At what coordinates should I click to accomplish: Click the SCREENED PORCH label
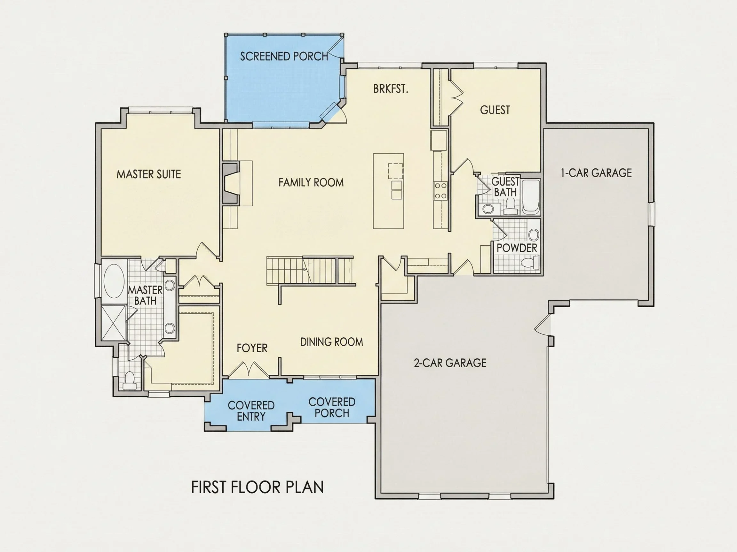coord(284,56)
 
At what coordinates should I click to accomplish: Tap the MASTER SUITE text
coord(149,174)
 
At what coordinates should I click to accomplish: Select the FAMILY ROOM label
coord(311,182)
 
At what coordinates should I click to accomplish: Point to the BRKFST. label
coord(391,89)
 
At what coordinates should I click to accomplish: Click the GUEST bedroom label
coord(495,110)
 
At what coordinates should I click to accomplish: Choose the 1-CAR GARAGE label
coord(596,173)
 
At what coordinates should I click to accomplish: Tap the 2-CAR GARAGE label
coord(450,363)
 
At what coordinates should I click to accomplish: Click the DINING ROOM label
coord(331,342)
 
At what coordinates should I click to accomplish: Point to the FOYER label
coord(252,348)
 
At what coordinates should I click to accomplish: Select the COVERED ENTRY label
coord(251,410)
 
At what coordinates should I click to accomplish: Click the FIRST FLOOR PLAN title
coord(257,487)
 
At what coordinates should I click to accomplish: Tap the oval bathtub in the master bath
coord(114,281)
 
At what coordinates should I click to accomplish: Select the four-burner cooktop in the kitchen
coord(440,191)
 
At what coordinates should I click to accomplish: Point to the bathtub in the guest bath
coord(530,197)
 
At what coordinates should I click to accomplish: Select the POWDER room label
coord(517,248)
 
